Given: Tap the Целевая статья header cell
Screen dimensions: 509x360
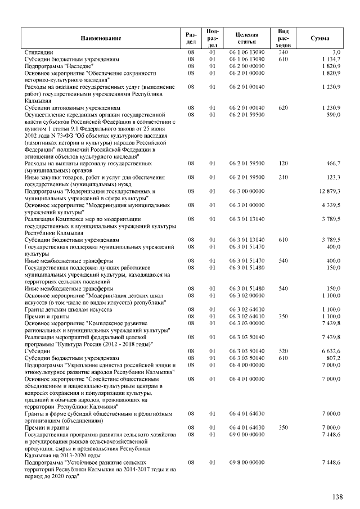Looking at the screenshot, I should click(x=247, y=38).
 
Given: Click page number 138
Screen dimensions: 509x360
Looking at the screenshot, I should click(x=337, y=497).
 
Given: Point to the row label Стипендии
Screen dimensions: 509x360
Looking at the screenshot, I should click(x=39, y=52).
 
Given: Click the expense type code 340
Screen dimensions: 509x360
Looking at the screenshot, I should click(x=283, y=52).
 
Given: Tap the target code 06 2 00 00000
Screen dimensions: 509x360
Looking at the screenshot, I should click(x=247, y=66).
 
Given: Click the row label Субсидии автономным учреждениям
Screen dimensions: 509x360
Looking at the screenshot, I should click(x=73, y=107).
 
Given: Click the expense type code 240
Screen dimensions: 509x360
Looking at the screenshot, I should click(x=283, y=177).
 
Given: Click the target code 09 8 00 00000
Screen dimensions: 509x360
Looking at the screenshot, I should click(x=247, y=462).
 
